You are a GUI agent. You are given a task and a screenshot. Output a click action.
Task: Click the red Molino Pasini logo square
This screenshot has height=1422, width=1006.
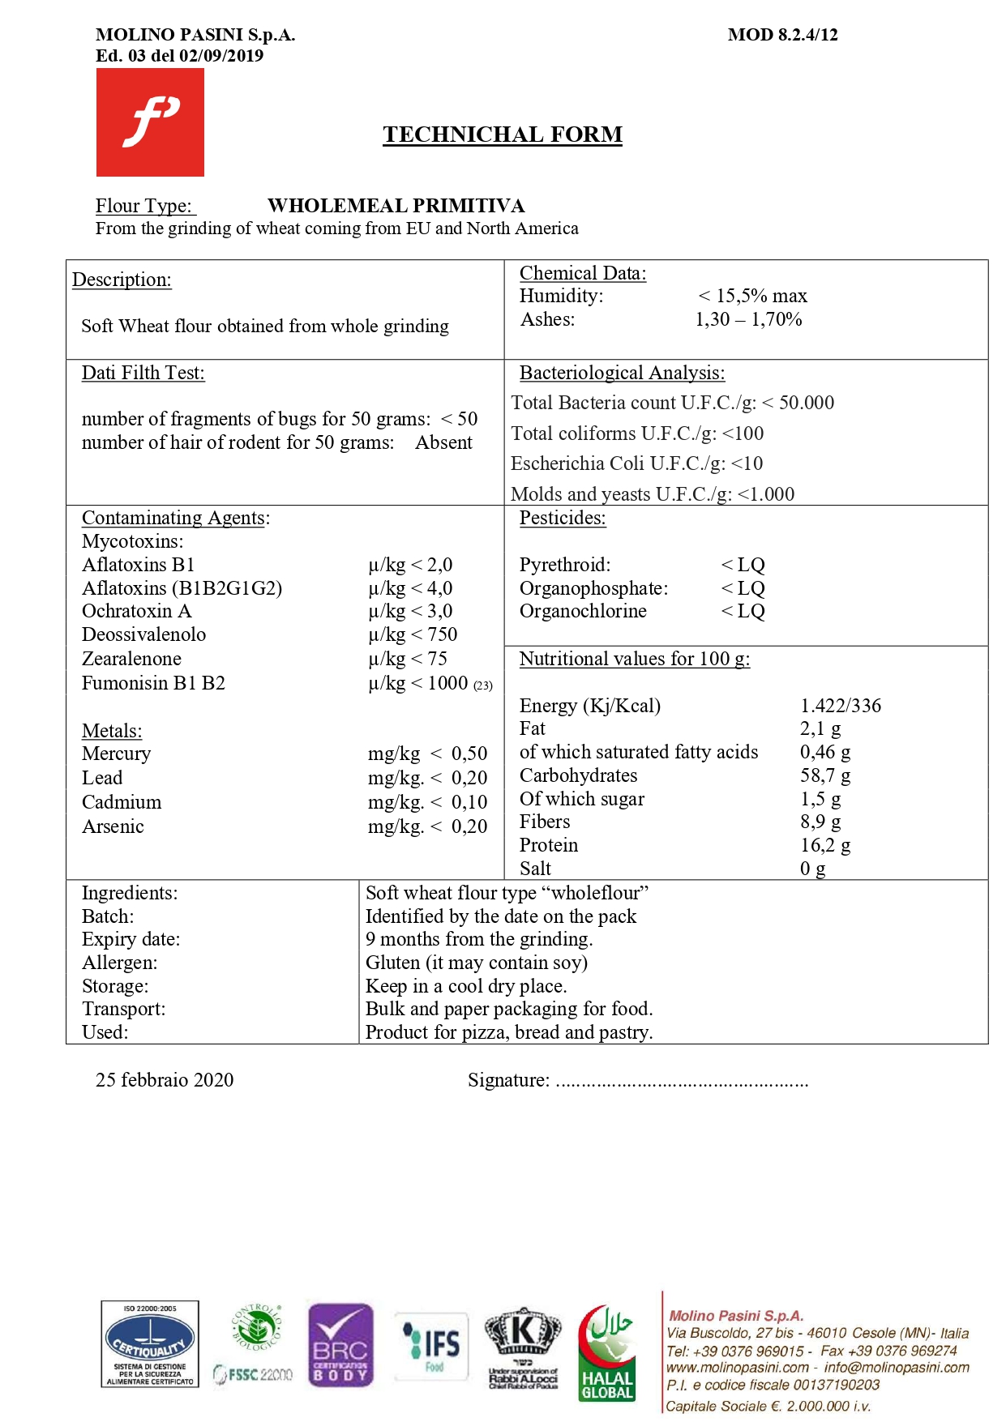(x=150, y=122)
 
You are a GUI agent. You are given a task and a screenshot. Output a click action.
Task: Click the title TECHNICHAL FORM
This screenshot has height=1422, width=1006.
(x=503, y=135)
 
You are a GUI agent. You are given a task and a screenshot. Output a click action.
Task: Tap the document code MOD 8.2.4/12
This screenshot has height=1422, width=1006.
(x=782, y=35)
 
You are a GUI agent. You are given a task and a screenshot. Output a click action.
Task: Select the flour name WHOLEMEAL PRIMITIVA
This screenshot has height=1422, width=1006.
(x=396, y=206)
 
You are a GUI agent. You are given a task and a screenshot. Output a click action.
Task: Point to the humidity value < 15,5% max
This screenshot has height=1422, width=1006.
(x=752, y=296)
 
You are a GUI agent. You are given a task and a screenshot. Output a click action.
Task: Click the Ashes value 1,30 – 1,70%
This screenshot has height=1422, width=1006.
(x=748, y=319)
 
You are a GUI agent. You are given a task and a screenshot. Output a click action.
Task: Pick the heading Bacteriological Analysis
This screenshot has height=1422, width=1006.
(x=622, y=373)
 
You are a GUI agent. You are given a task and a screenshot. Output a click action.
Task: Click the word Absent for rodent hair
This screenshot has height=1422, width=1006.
(x=443, y=442)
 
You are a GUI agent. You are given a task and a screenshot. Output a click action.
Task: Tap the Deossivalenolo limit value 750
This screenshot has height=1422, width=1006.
(x=442, y=634)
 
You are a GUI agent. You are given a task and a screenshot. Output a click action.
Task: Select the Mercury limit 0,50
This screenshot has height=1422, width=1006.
(x=469, y=754)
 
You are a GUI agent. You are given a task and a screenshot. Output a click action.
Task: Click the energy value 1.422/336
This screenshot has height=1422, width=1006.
(x=840, y=706)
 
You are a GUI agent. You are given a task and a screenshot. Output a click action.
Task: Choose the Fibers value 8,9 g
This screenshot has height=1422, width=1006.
(x=820, y=822)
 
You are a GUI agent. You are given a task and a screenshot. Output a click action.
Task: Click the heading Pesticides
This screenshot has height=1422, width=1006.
(x=563, y=518)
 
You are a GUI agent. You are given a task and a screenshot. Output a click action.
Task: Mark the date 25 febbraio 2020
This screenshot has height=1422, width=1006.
(x=165, y=1080)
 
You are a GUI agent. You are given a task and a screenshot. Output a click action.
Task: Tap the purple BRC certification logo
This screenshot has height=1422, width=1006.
(x=340, y=1345)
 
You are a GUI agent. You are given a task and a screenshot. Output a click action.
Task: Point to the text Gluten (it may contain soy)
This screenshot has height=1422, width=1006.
(x=476, y=963)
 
